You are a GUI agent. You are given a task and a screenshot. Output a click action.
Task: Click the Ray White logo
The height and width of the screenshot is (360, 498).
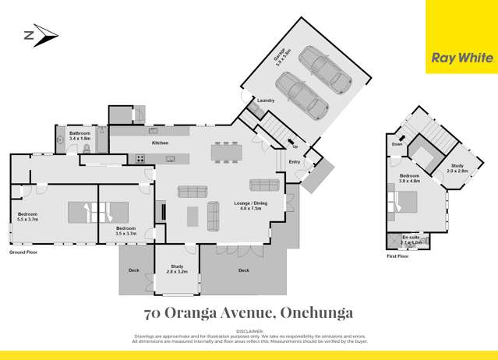(461, 57)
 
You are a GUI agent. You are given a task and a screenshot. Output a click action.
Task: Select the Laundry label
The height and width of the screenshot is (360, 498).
(265, 101)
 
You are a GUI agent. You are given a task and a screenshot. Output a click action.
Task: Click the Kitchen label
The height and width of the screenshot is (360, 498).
(161, 143)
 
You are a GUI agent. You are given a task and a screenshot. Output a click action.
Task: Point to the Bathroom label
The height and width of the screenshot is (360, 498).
(80, 135)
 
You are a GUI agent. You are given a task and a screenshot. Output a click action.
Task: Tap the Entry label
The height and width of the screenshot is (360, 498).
(295, 161)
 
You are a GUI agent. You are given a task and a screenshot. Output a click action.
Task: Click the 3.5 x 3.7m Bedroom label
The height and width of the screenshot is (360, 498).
(125, 231)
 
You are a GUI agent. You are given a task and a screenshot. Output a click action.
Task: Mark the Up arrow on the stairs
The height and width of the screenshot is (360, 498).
(294, 146)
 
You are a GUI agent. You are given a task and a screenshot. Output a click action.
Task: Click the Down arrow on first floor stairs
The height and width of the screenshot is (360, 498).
(397, 143)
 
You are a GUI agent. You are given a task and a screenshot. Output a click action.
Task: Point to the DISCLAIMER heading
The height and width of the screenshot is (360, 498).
(249, 330)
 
